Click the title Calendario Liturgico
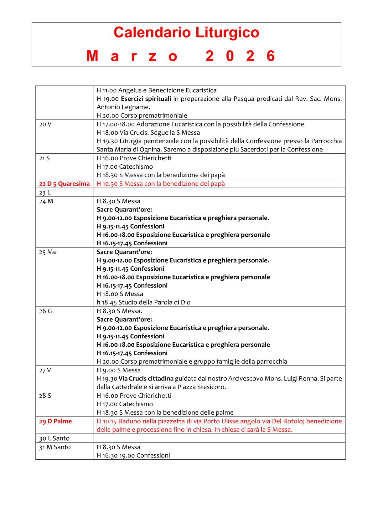coord(186,33)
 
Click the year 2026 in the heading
coord(240,56)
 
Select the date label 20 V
coord(45,124)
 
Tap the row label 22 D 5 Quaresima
coord(64,184)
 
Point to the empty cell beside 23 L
coord(219,192)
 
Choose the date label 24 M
coord(46,201)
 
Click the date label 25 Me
coord(48,252)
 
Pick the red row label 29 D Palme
coord(55,421)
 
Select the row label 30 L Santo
coord(54,438)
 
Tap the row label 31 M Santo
coord(55,447)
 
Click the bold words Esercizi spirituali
coord(146,99)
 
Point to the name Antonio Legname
coord(123,107)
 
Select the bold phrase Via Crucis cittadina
coord(146,379)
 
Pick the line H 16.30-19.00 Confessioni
coord(133,455)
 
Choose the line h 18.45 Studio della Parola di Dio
coord(143,302)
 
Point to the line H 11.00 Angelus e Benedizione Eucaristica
coord(156,90)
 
